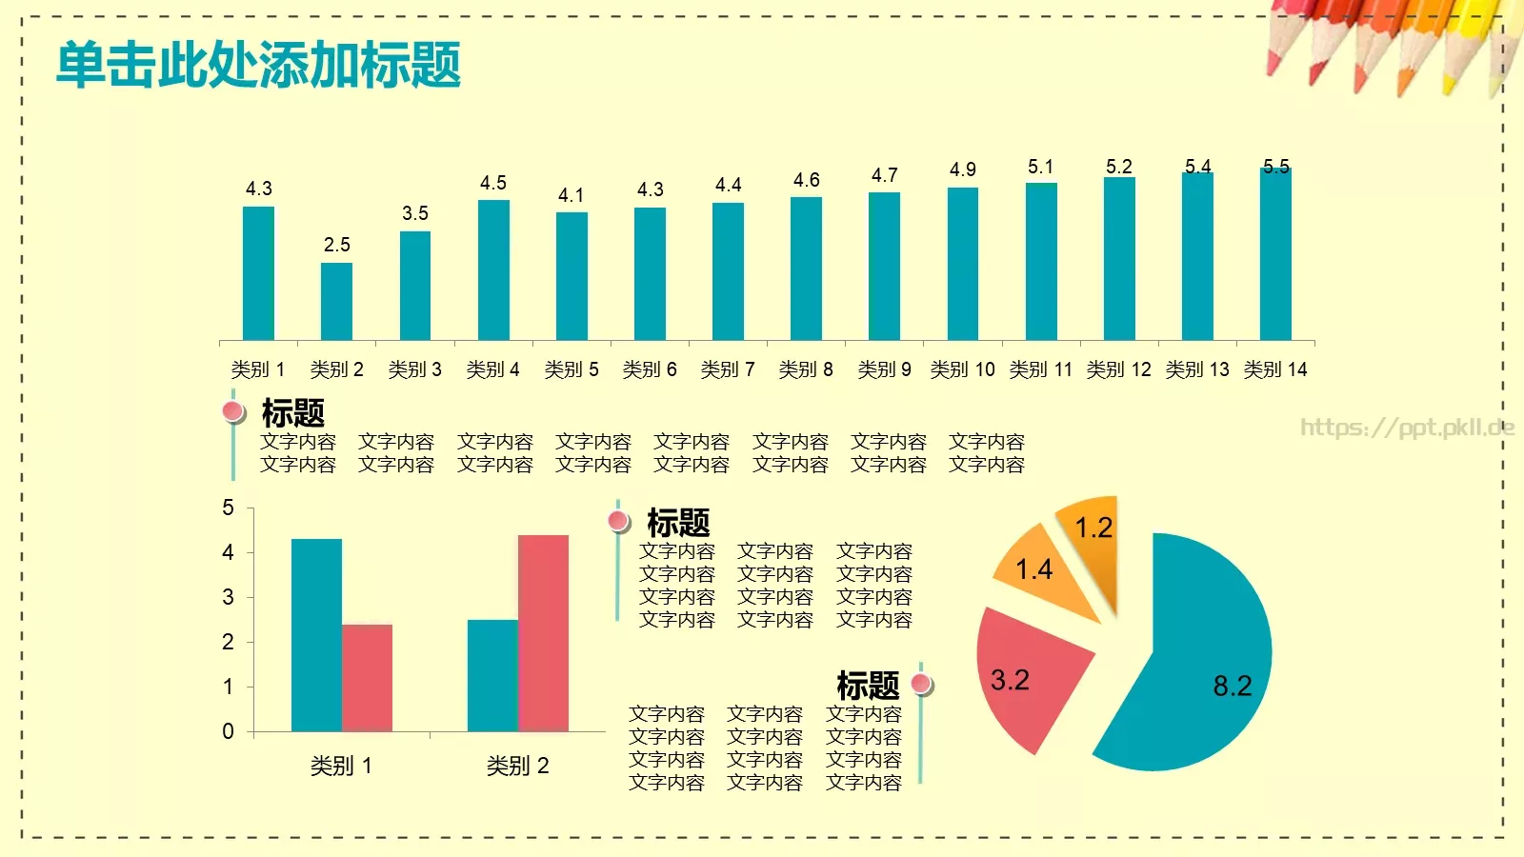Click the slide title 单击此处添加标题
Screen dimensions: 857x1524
pyautogui.click(x=258, y=65)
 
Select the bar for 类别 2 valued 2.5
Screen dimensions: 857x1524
pyautogui.click(x=336, y=301)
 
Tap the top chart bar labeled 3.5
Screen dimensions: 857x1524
pyautogui.click(x=414, y=286)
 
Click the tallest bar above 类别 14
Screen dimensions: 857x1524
pyautogui.click(x=1275, y=254)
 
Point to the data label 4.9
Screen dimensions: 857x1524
pyautogui.click(x=963, y=169)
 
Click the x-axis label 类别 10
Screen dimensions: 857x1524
pyautogui.click(x=962, y=369)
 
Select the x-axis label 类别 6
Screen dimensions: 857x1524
pyautogui.click(x=650, y=369)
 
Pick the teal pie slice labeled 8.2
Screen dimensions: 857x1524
pyautogui.click(x=1200, y=657)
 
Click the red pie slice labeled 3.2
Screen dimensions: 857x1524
pyautogui.click(x=1024, y=671)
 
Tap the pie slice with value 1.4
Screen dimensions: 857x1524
pyautogui.click(x=1043, y=571)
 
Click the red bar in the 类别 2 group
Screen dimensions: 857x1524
pyautogui.click(x=543, y=633)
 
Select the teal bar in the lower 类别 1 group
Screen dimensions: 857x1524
pyautogui.click(x=316, y=635)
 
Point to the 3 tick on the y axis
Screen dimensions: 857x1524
pyautogui.click(x=228, y=597)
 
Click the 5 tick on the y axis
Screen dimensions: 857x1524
pyautogui.click(x=228, y=508)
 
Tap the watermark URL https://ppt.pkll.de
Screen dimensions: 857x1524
pyautogui.click(x=1407, y=428)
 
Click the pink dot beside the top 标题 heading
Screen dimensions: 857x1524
pyautogui.click(x=233, y=411)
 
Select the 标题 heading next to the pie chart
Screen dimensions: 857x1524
pyautogui.click(x=868, y=685)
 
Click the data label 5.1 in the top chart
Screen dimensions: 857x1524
pyautogui.click(x=1041, y=167)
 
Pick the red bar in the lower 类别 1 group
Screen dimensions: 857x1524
pyautogui.click(x=367, y=678)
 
